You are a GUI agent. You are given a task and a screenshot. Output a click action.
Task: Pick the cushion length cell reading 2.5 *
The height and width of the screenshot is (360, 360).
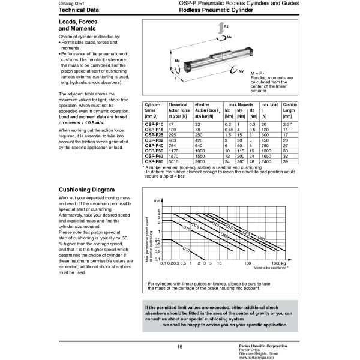point(287,123)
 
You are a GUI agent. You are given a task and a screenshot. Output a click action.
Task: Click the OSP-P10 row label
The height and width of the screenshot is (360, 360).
point(154,123)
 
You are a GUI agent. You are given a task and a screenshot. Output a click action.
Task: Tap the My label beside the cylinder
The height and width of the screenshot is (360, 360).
point(240,71)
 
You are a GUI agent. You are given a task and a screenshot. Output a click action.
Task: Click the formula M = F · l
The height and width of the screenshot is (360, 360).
point(258,72)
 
